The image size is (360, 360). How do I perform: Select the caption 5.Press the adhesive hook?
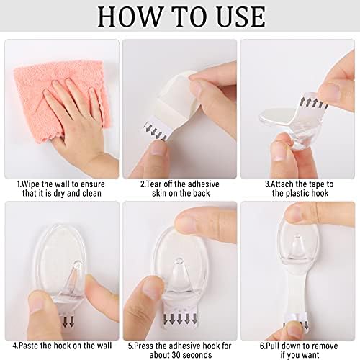179,336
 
